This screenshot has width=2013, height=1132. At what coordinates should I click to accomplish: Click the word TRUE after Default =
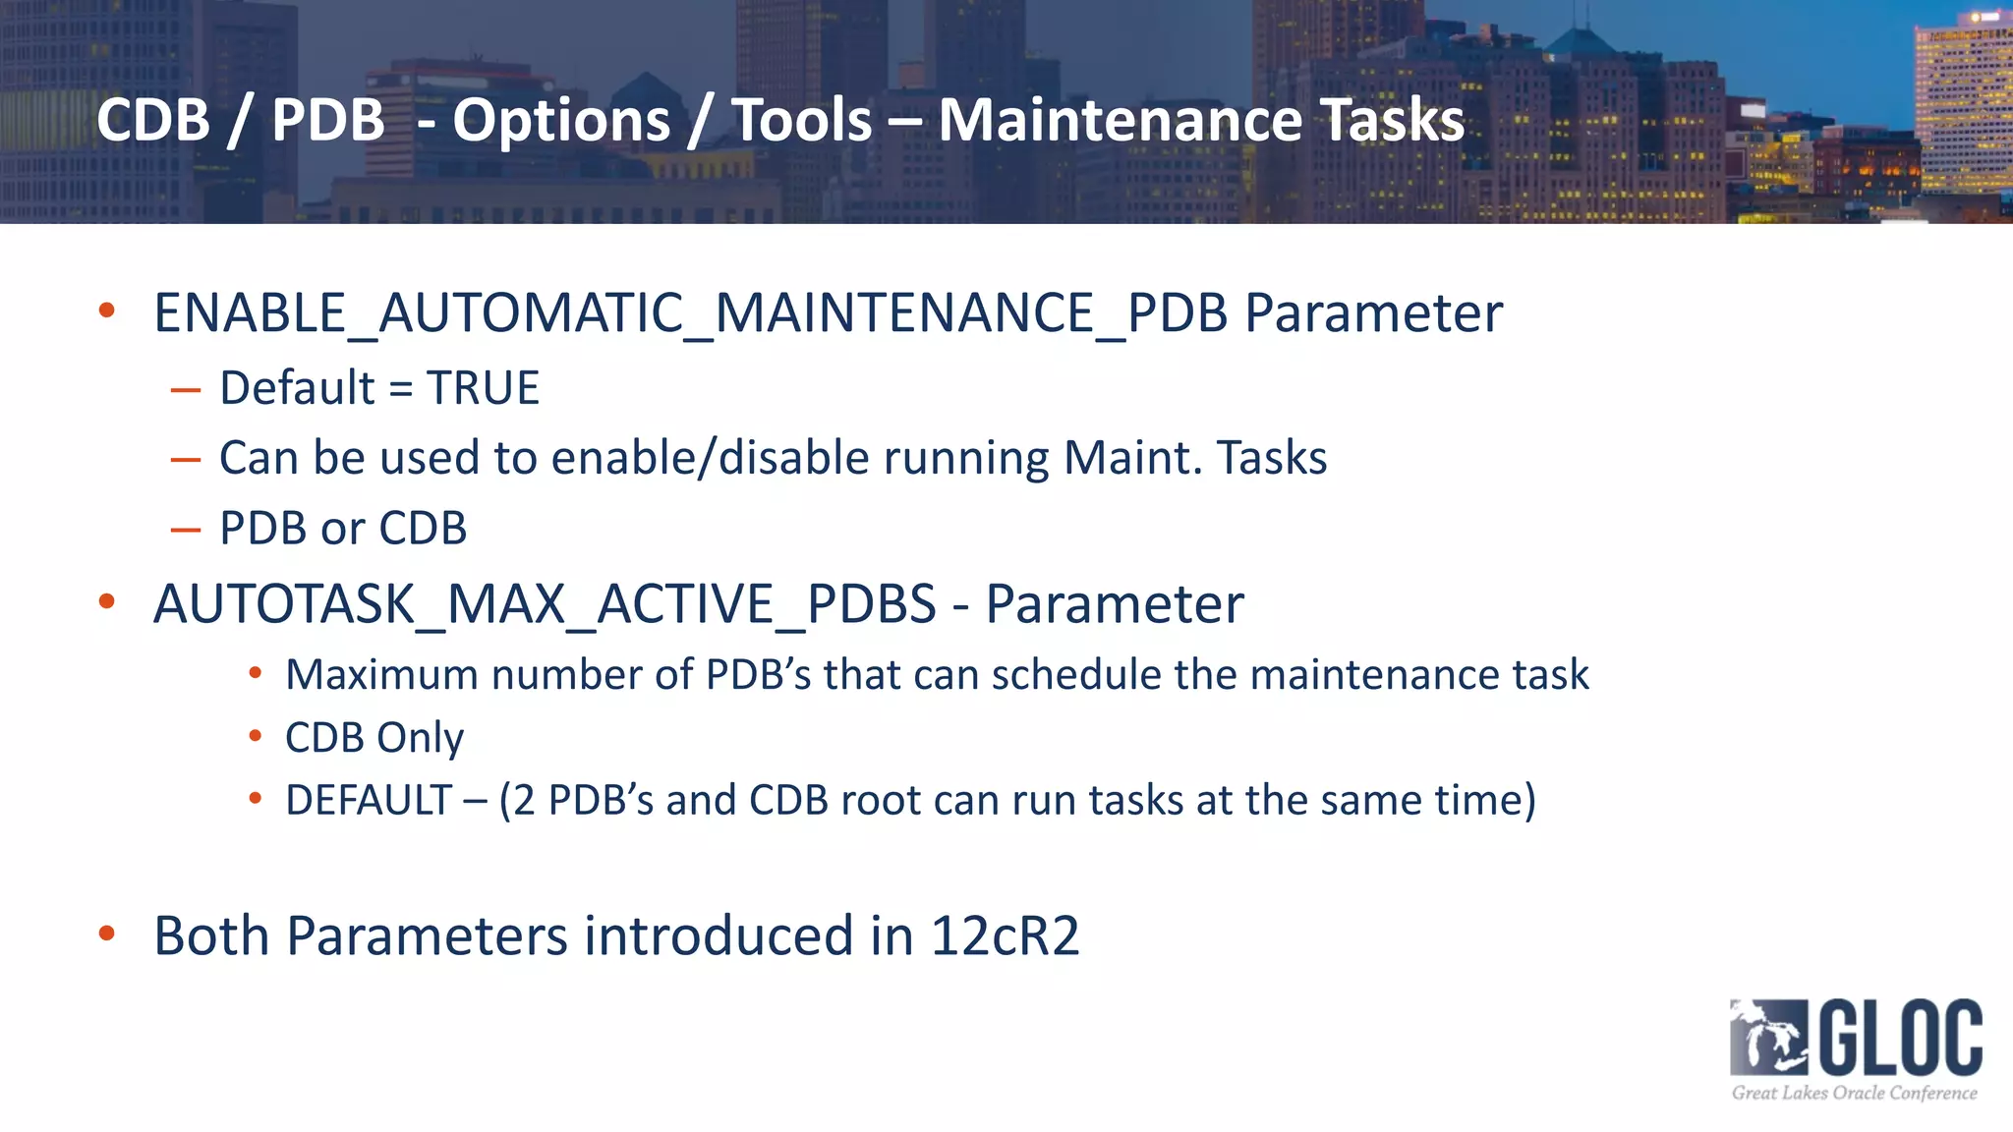483,388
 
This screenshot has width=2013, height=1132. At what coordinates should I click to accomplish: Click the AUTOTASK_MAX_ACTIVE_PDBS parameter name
545,603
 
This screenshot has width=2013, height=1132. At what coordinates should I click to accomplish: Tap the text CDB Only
374,738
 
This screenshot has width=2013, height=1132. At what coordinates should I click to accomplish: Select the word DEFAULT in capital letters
368,800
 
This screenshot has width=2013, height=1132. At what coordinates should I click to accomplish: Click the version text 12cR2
1005,935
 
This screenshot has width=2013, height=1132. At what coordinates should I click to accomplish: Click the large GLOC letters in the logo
1901,1038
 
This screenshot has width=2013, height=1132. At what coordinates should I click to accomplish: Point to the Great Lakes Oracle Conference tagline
1854,1093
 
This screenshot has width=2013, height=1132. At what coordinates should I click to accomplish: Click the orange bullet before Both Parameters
107,934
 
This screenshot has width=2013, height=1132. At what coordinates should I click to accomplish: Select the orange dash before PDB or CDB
185,531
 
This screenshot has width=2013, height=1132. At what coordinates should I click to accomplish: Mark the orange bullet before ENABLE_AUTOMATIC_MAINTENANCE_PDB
107,311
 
